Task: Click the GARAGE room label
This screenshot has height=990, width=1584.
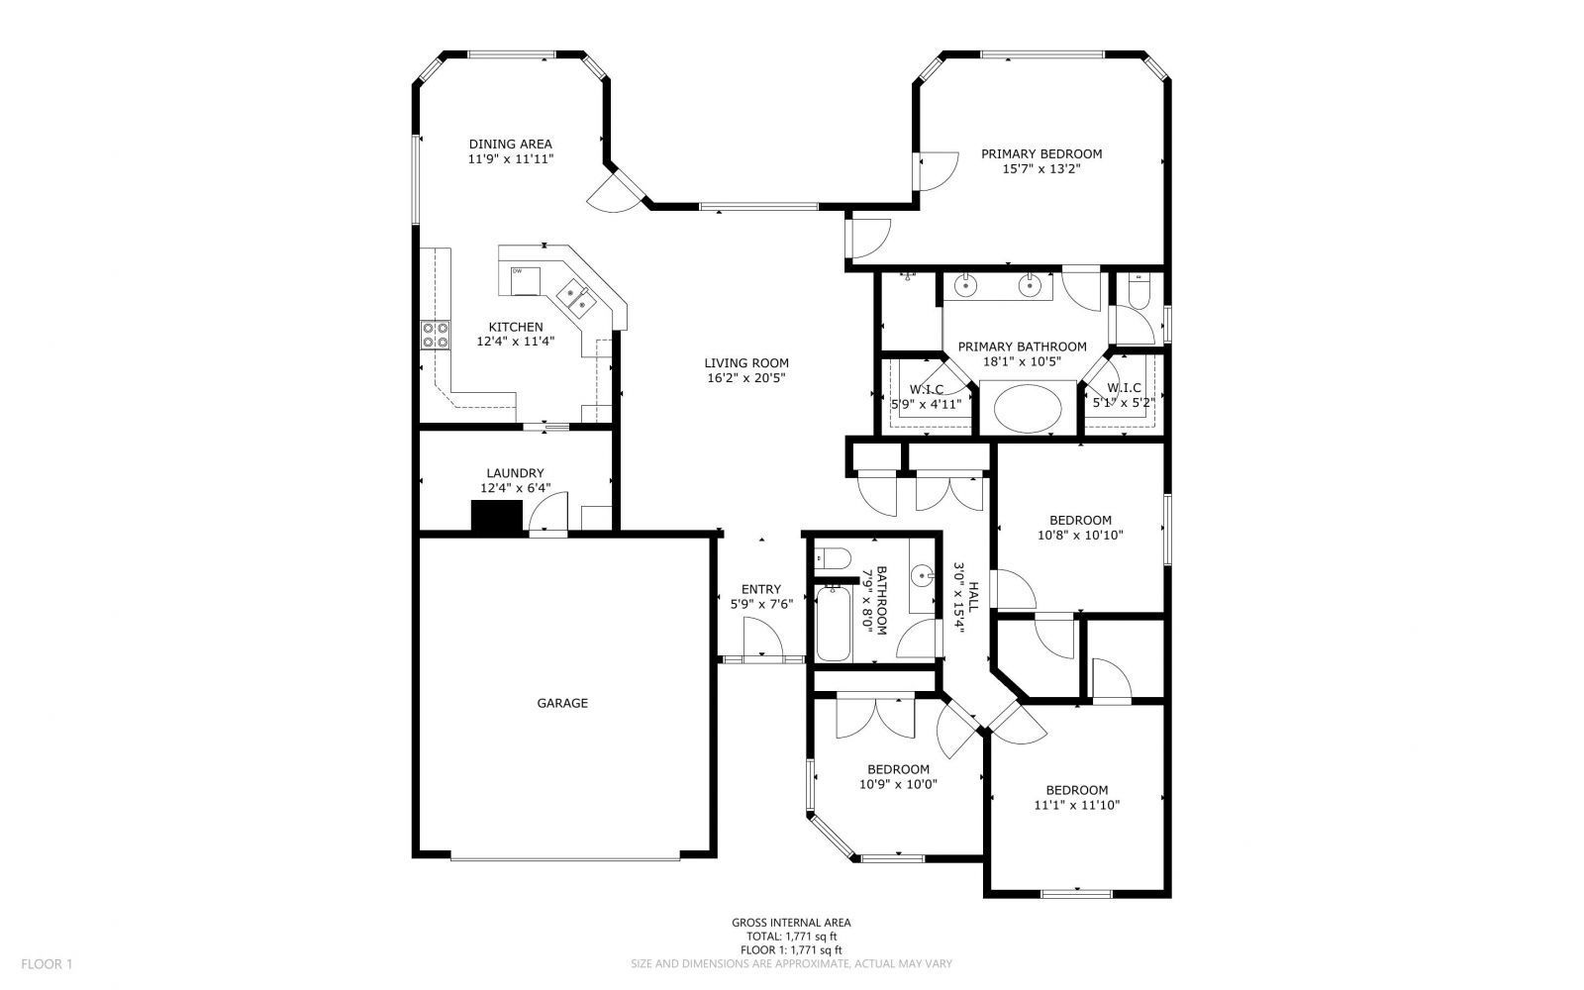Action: point(562,703)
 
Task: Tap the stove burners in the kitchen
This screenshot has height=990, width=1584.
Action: point(436,336)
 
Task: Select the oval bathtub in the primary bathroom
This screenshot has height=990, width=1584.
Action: point(1028,409)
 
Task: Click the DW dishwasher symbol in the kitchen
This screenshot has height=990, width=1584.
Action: point(525,281)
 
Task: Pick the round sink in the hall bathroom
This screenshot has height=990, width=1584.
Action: point(923,576)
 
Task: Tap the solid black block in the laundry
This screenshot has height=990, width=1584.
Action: point(497,516)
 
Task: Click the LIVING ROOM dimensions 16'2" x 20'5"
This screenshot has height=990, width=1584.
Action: point(746,378)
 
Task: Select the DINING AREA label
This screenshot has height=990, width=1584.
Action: point(511,145)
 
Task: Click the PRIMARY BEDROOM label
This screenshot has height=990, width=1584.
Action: point(1041,153)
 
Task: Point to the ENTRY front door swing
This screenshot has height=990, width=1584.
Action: point(763,637)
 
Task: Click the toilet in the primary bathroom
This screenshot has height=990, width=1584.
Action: point(1139,291)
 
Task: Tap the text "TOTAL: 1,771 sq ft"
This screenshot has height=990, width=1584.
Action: point(791,937)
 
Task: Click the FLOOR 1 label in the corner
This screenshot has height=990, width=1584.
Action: point(47,964)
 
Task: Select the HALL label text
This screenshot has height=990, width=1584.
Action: point(974,598)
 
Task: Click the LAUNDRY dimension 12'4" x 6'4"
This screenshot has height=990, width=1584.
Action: point(516,488)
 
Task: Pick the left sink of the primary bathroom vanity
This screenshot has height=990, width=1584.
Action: point(965,286)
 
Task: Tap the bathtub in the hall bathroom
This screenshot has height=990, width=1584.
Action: point(833,623)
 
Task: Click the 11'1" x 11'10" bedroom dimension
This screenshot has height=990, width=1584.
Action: point(1077,805)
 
